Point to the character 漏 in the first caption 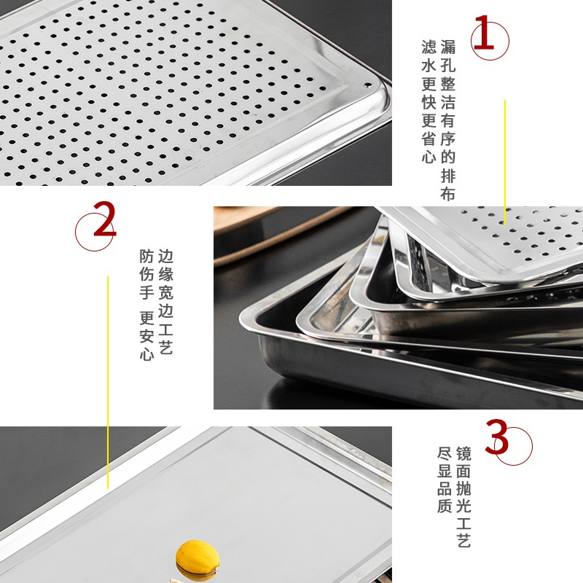[x=448, y=47]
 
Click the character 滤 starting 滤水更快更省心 [x=429, y=47]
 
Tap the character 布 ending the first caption [x=448, y=194]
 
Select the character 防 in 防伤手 [x=147, y=257]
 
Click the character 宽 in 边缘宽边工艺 [x=166, y=293]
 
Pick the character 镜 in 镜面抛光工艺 [x=463, y=454]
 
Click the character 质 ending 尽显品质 [x=445, y=506]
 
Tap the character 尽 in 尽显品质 [x=445, y=454]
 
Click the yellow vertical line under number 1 [x=505, y=162]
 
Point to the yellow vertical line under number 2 [x=108, y=382]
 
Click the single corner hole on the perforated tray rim [x=368, y=85]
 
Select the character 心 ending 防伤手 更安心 [x=147, y=353]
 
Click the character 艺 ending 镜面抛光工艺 [x=463, y=540]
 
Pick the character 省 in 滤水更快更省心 [x=429, y=138]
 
